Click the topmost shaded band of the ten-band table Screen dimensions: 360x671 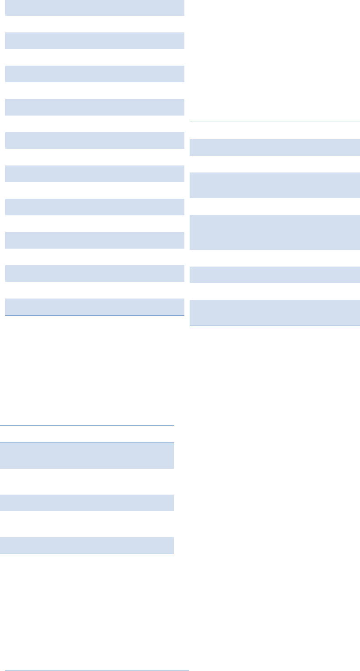(x=95, y=8)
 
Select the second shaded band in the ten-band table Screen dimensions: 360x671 (x=95, y=41)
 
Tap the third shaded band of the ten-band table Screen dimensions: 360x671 (x=95, y=74)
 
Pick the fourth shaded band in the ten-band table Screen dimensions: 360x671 (x=95, y=107)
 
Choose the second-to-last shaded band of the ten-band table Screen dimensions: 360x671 (x=95, y=274)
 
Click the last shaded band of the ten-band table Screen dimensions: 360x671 (x=95, y=306)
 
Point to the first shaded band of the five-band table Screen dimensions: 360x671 (x=275, y=148)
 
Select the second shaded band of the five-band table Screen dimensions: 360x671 (x=275, y=185)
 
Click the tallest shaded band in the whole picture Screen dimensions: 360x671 (x=275, y=232)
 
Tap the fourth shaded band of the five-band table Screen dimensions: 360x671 (x=275, y=275)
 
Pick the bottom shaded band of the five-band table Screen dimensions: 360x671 (x=275, y=313)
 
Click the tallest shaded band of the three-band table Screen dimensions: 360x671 (x=87, y=456)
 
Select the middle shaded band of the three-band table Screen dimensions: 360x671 (x=87, y=503)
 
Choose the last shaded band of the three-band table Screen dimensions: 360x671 (x=87, y=545)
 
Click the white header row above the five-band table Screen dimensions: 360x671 (x=275, y=130)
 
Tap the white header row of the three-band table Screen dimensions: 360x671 (x=87, y=434)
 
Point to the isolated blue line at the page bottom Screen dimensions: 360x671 (x=95, y=670)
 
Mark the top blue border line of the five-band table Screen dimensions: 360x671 (x=275, y=122)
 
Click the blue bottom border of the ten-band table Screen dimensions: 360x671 (x=95, y=315)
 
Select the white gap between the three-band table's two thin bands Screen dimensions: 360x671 (x=87, y=524)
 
